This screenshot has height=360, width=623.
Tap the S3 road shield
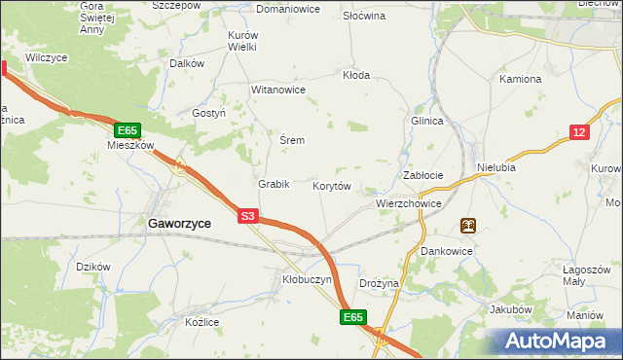pyautogui.click(x=248, y=218)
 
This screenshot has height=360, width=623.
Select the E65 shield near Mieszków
pyautogui.click(x=128, y=129)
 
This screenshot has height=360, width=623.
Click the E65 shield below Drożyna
pyautogui.click(x=353, y=317)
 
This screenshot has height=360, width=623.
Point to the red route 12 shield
pyautogui.click(x=579, y=132)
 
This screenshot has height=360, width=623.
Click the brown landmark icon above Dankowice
pyautogui.click(x=468, y=226)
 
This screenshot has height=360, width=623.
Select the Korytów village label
pyautogui.click(x=332, y=185)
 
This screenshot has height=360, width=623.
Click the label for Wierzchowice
pyautogui.click(x=409, y=204)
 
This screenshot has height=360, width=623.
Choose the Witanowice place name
pyautogui.click(x=278, y=90)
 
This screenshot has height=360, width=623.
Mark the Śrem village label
pyautogui.click(x=292, y=140)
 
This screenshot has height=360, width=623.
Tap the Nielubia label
pyautogui.click(x=496, y=167)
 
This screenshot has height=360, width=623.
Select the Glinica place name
pyautogui.click(x=427, y=121)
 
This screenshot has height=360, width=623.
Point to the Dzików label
pyautogui.click(x=93, y=266)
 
